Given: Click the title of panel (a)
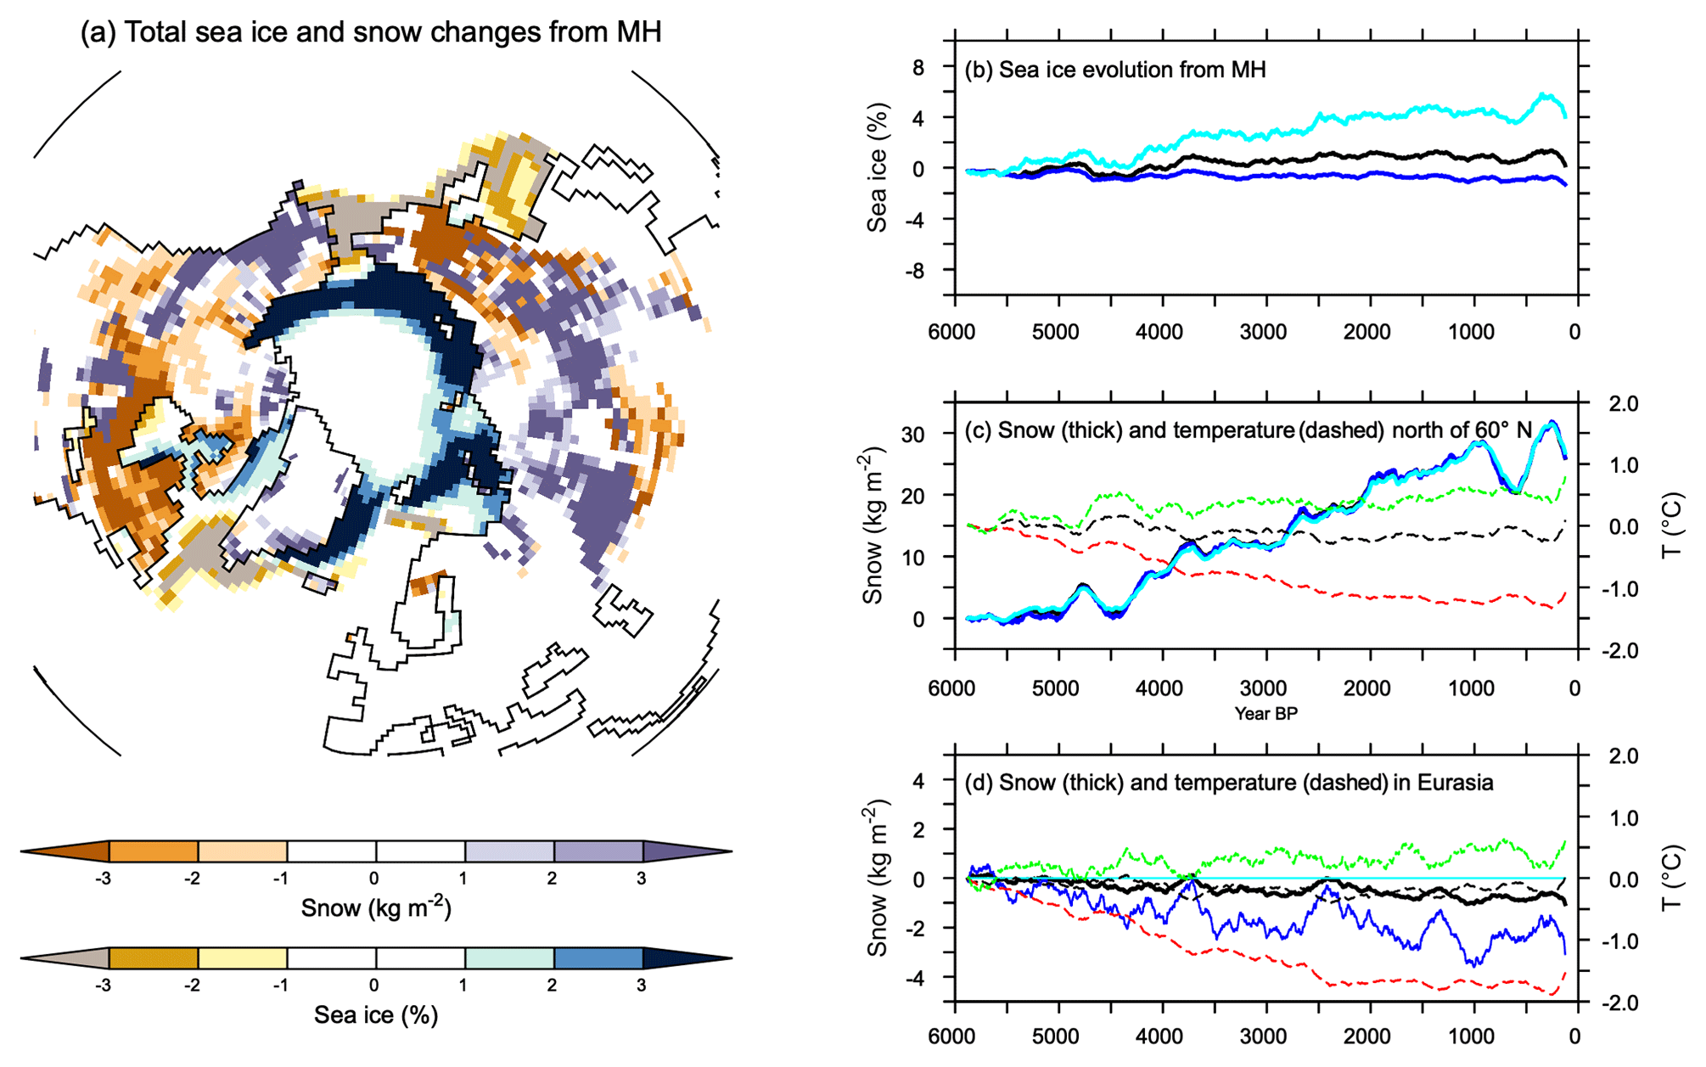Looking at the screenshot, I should (370, 32).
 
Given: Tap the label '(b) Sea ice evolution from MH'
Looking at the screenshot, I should (1114, 70).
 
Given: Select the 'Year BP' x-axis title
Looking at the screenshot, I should (1265, 714).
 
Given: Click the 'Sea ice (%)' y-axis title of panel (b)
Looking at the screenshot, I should (877, 168).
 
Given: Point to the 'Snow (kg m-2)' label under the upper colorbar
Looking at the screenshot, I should (376, 907).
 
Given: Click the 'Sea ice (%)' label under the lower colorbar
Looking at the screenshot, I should (376, 1015).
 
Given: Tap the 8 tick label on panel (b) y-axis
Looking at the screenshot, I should (918, 67).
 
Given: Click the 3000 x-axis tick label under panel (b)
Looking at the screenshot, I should (1263, 332).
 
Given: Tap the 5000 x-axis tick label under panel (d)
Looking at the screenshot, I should (1055, 1036).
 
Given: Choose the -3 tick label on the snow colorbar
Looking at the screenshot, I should (103, 879).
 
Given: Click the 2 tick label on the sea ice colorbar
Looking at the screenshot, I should (553, 986).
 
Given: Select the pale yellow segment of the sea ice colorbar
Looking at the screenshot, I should (242, 958).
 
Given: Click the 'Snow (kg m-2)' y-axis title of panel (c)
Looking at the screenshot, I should (873, 526).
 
